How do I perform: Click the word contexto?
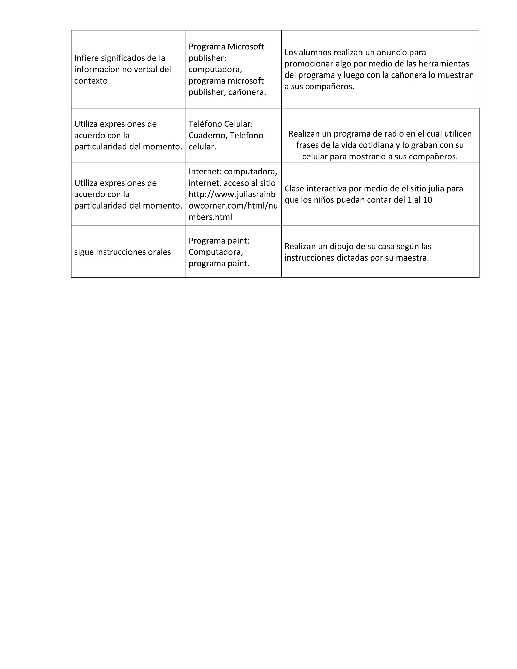92,81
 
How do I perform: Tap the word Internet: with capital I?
205,171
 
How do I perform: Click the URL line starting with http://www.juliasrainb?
232,194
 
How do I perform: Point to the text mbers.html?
210,217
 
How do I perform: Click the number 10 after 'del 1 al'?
427,200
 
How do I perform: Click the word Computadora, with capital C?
216,252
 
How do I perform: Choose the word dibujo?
334,247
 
